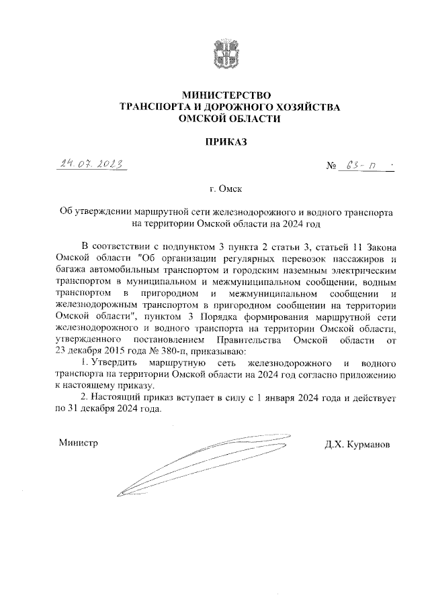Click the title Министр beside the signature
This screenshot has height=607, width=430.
click(78, 443)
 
